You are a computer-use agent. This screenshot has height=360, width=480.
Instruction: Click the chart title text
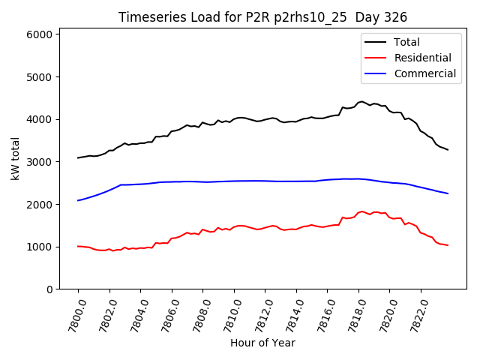coord(262,17)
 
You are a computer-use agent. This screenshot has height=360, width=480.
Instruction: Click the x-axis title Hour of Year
coord(262,343)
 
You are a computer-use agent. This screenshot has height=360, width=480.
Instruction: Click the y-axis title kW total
coord(15,158)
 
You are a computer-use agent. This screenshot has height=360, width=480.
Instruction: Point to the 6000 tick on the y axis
coord(39,34)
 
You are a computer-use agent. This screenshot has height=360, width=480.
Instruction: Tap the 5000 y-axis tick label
coord(39,77)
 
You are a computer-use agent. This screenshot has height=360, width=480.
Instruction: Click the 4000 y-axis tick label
coord(39,119)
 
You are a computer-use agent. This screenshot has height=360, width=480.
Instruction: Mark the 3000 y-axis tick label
coord(39,162)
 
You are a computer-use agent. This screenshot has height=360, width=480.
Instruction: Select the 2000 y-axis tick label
coord(39,204)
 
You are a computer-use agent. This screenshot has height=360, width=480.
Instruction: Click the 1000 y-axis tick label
coord(39,247)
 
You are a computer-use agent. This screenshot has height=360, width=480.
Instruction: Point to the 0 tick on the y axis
coord(49,289)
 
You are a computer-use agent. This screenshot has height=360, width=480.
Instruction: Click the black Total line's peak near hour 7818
coord(361,101)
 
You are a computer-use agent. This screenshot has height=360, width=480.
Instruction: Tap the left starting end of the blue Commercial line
coord(78,200)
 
